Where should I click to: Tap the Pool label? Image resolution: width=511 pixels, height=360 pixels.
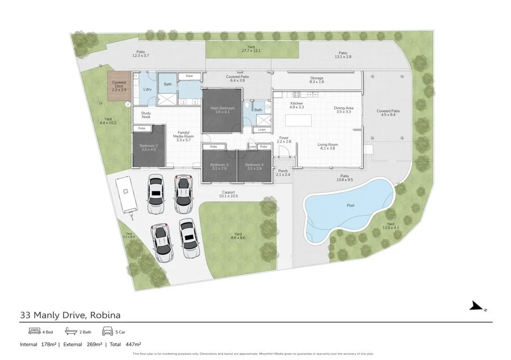[350, 206]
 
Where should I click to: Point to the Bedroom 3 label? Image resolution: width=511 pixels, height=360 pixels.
[219, 166]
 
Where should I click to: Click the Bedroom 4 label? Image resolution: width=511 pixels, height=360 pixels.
[254, 166]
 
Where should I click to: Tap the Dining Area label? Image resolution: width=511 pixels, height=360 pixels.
[344, 110]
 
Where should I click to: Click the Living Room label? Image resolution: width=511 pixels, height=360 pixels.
[328, 146]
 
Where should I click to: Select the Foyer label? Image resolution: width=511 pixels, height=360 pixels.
[283, 139]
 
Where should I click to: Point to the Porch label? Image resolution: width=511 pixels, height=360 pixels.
[283, 173]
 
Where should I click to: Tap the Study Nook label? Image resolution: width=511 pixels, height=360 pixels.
[146, 115]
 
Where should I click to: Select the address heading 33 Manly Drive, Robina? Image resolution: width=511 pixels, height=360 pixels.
[70, 314]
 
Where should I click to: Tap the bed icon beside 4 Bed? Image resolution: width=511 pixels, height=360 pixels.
[34, 331]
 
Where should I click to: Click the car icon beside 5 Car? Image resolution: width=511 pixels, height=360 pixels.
[107, 331]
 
